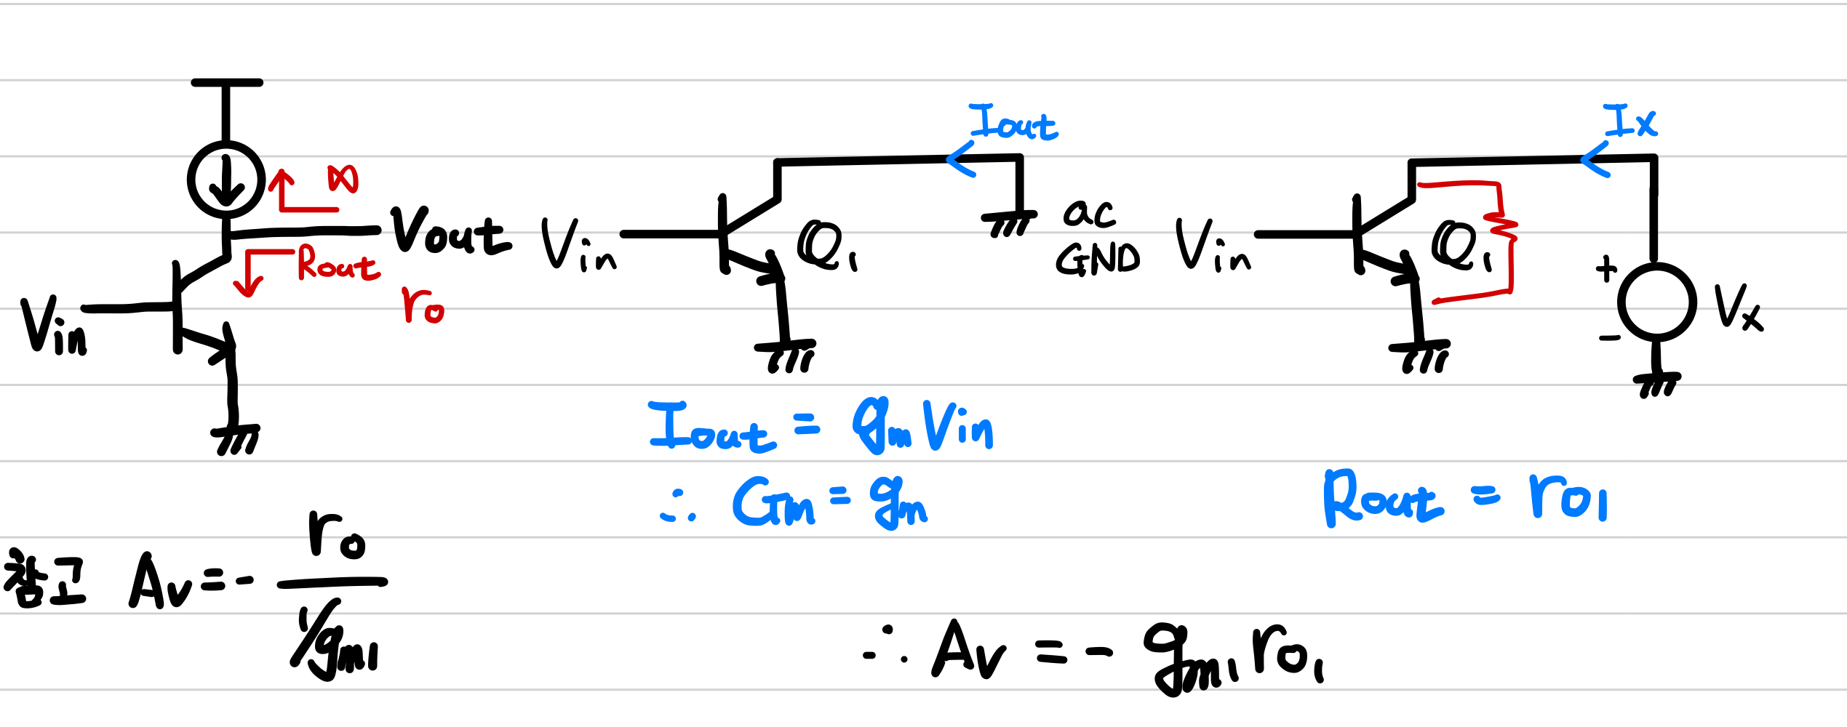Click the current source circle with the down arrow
coord(226,180)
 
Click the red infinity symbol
coord(343,179)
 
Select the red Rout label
coord(338,263)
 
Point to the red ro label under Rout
coord(423,305)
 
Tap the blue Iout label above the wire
coord(1013,122)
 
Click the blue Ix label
coord(1630,121)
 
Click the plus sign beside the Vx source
coord(1605,269)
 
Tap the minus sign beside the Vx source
coord(1609,338)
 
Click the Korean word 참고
coord(44,579)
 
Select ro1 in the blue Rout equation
coord(1568,498)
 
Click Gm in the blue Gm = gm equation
coord(773,502)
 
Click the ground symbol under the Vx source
coord(1656,383)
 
